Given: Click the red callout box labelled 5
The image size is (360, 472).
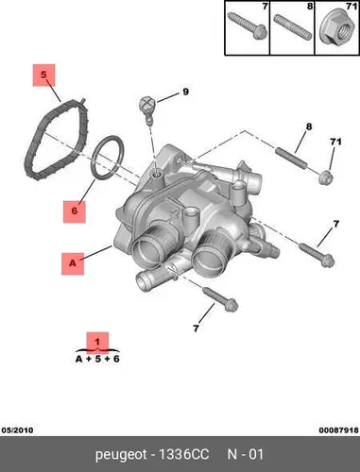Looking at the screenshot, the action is [43, 76].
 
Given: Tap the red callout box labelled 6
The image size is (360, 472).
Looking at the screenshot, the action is [75, 211].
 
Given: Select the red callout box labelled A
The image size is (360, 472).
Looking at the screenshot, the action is [73, 263].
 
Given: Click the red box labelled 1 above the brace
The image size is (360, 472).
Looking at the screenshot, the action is [97, 343].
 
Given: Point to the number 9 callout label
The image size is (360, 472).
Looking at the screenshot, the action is [185, 92].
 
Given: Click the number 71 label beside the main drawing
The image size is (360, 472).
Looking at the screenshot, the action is [335, 142].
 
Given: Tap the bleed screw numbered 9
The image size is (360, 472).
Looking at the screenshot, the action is [146, 109].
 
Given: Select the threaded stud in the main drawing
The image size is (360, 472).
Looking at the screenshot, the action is [291, 159].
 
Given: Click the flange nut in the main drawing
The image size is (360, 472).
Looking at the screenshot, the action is [326, 178].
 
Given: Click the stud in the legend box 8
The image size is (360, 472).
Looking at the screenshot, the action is [292, 27].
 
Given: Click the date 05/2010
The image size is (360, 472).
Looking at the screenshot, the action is [17, 430].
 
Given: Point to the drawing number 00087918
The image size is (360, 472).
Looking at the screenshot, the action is [338, 430].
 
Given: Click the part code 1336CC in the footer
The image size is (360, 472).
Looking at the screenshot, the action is [183, 455].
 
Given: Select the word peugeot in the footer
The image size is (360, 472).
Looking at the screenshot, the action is [121, 455].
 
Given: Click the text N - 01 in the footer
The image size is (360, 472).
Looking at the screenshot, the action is [246, 455].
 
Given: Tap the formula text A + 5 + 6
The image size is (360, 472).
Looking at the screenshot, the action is [97, 359].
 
